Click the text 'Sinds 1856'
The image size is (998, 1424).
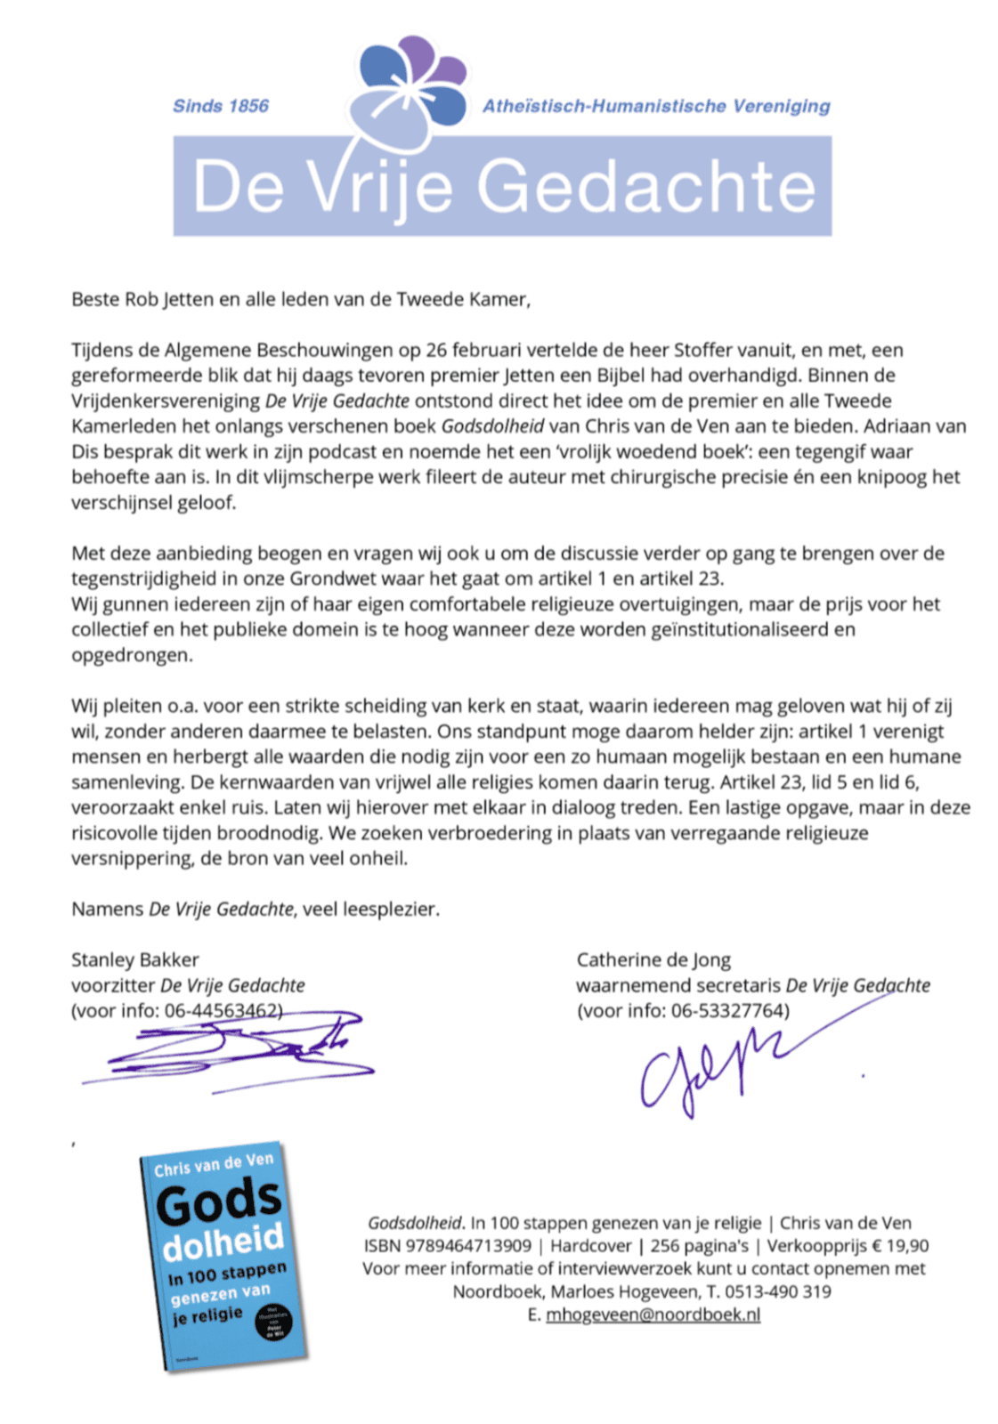pos(220,106)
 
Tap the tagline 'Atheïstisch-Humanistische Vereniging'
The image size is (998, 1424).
pos(655,106)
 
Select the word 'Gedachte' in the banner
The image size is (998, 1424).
pos(645,187)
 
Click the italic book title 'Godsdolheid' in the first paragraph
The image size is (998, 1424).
pos(491,425)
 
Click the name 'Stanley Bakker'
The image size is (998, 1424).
pos(135,959)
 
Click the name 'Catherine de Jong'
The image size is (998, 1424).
pos(653,959)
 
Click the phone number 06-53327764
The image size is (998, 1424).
pos(729,1010)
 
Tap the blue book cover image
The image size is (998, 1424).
pos(223,1255)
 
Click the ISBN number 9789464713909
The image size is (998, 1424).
pos(467,1246)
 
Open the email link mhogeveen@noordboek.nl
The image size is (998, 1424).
pos(653,1315)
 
